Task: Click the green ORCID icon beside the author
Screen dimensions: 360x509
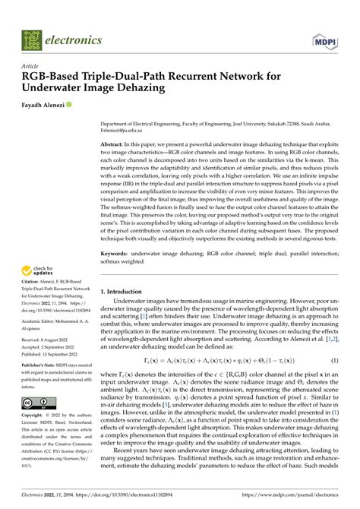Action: [70, 104]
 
